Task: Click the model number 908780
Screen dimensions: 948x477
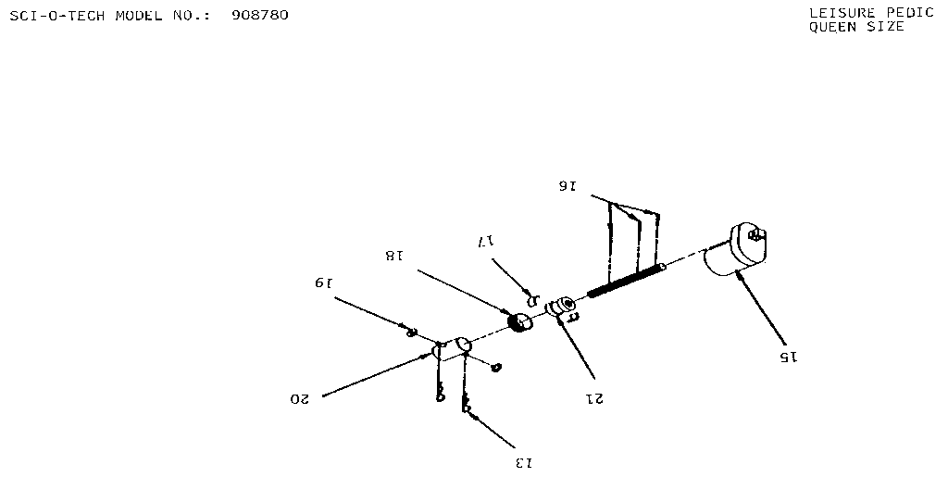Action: (x=260, y=15)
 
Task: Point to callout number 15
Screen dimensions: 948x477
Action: (x=788, y=358)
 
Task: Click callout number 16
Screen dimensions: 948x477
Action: (x=568, y=186)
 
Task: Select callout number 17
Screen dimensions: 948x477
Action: (x=486, y=242)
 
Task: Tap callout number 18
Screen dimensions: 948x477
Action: (x=393, y=256)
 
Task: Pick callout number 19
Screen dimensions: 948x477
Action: (x=323, y=282)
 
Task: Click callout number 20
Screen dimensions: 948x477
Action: (x=299, y=399)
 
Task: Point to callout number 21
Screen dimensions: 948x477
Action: (x=593, y=398)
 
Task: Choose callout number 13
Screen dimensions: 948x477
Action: (x=524, y=463)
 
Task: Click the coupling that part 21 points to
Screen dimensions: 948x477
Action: (x=561, y=306)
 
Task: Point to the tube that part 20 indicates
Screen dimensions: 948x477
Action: (x=452, y=349)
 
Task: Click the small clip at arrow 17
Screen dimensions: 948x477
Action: (x=532, y=299)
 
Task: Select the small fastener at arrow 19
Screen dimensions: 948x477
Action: (x=411, y=332)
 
